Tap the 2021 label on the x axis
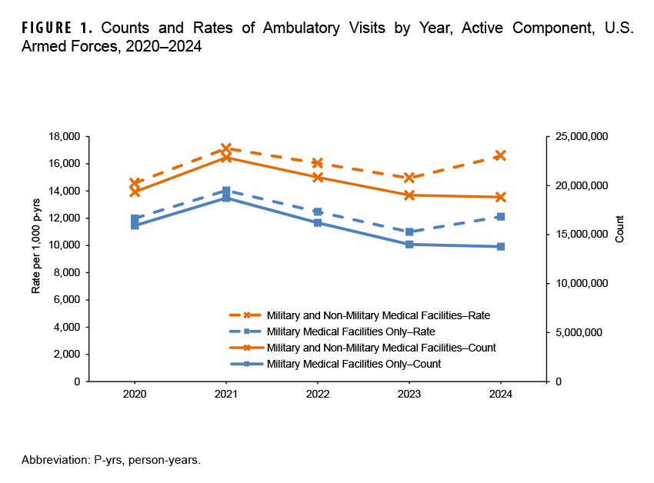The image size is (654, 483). click(x=225, y=393)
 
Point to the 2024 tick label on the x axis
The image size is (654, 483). click(x=501, y=393)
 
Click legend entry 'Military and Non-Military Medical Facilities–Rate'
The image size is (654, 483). click(x=378, y=315)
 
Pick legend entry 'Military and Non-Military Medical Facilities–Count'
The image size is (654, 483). click(x=381, y=348)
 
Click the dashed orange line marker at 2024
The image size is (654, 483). click(x=501, y=155)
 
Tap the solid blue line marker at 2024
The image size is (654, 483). click(x=501, y=247)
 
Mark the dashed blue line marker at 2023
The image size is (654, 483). click(x=409, y=232)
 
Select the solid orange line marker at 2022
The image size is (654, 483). click(x=318, y=177)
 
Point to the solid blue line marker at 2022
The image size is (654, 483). click(x=318, y=222)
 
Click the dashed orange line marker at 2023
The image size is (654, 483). click(x=409, y=178)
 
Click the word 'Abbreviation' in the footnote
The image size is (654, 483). click(x=54, y=460)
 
